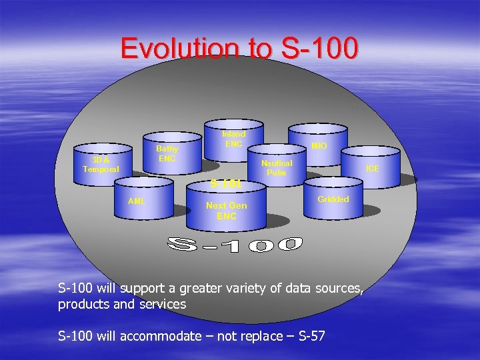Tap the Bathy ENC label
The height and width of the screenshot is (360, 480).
pos(167,153)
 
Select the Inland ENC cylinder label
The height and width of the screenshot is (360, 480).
pos(234,139)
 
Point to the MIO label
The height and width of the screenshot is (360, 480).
pos(319,145)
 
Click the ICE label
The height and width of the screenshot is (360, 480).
pos(372,169)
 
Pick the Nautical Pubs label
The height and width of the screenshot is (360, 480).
pos(276,167)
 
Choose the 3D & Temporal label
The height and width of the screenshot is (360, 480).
pos(101,165)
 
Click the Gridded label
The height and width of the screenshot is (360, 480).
pos(333,199)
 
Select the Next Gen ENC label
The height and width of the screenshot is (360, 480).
pos(226,211)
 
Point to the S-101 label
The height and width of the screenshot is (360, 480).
pos(226,183)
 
